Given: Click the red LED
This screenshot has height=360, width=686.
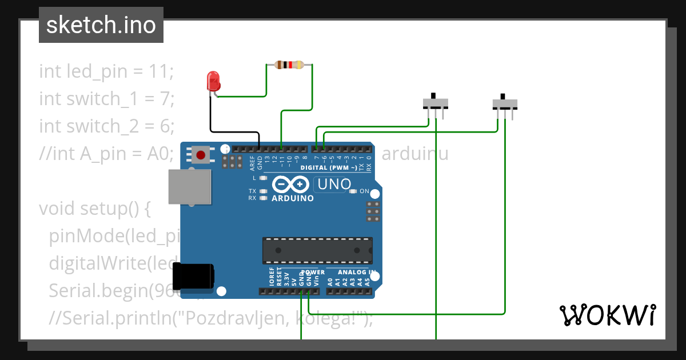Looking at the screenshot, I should click(x=213, y=81).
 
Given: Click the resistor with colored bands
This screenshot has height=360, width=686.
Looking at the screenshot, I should click(x=289, y=65).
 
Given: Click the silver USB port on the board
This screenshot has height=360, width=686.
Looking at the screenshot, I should click(x=189, y=187).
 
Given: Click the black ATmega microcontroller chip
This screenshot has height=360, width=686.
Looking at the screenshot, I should click(x=317, y=250).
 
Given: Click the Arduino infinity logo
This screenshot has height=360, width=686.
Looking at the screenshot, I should click(x=292, y=185).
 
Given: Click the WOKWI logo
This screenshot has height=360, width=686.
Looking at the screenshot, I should click(x=607, y=314).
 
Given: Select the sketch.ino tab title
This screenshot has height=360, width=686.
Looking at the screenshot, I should click(x=101, y=25).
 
